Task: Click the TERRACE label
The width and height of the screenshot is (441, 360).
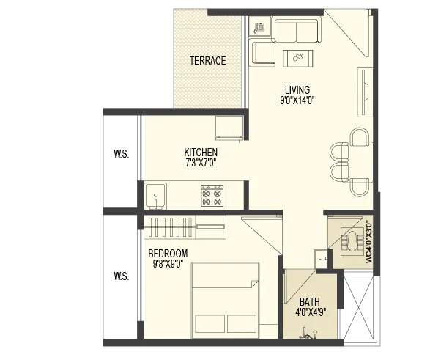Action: (x=207, y=61)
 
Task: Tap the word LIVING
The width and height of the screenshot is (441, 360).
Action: (x=297, y=90)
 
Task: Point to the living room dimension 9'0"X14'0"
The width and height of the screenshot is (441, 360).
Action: (x=297, y=100)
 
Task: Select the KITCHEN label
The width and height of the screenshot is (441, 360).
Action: (x=201, y=153)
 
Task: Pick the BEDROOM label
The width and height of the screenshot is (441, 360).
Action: (x=168, y=254)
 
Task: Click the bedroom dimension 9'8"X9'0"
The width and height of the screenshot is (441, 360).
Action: (x=168, y=264)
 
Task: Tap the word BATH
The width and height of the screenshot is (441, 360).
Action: (x=310, y=302)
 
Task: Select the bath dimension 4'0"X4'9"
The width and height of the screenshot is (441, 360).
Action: (x=311, y=312)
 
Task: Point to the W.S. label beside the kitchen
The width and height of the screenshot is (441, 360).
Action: (x=122, y=154)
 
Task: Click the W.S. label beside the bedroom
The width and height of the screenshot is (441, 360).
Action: (x=122, y=276)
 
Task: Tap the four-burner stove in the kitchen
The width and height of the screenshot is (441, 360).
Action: (x=212, y=196)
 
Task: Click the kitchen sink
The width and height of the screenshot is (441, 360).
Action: (x=156, y=196)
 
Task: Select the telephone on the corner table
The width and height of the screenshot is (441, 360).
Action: (x=259, y=27)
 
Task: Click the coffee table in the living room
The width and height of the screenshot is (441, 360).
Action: (x=298, y=59)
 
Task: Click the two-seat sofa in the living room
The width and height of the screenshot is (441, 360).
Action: (x=296, y=30)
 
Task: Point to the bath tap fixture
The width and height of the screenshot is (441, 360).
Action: (x=309, y=334)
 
